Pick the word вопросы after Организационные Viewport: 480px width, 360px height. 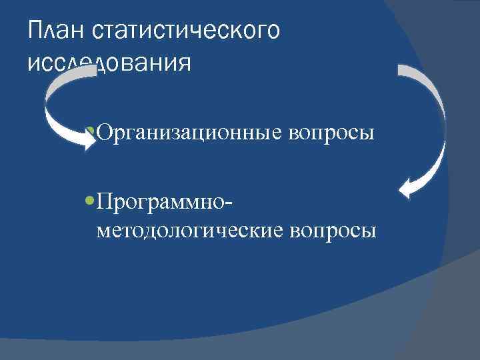[331, 133]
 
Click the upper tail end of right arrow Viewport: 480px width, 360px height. [401, 69]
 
